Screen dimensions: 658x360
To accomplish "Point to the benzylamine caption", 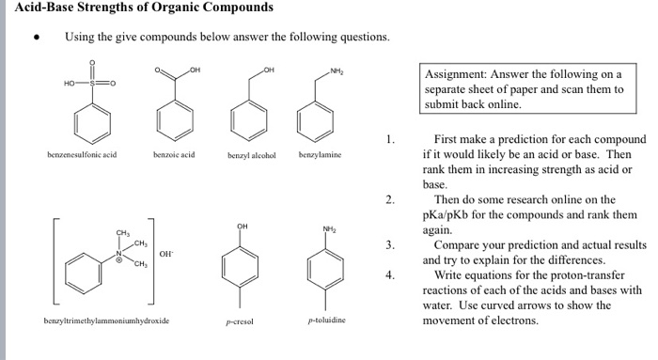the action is point(320,150).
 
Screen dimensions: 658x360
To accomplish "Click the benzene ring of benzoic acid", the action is point(175,117).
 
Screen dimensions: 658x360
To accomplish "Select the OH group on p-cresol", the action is point(243,226).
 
